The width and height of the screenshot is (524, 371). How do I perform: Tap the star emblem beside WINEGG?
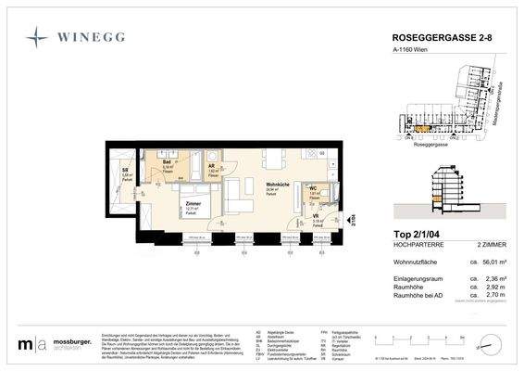click(38, 37)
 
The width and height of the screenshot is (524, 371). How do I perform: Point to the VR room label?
click(317, 216)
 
